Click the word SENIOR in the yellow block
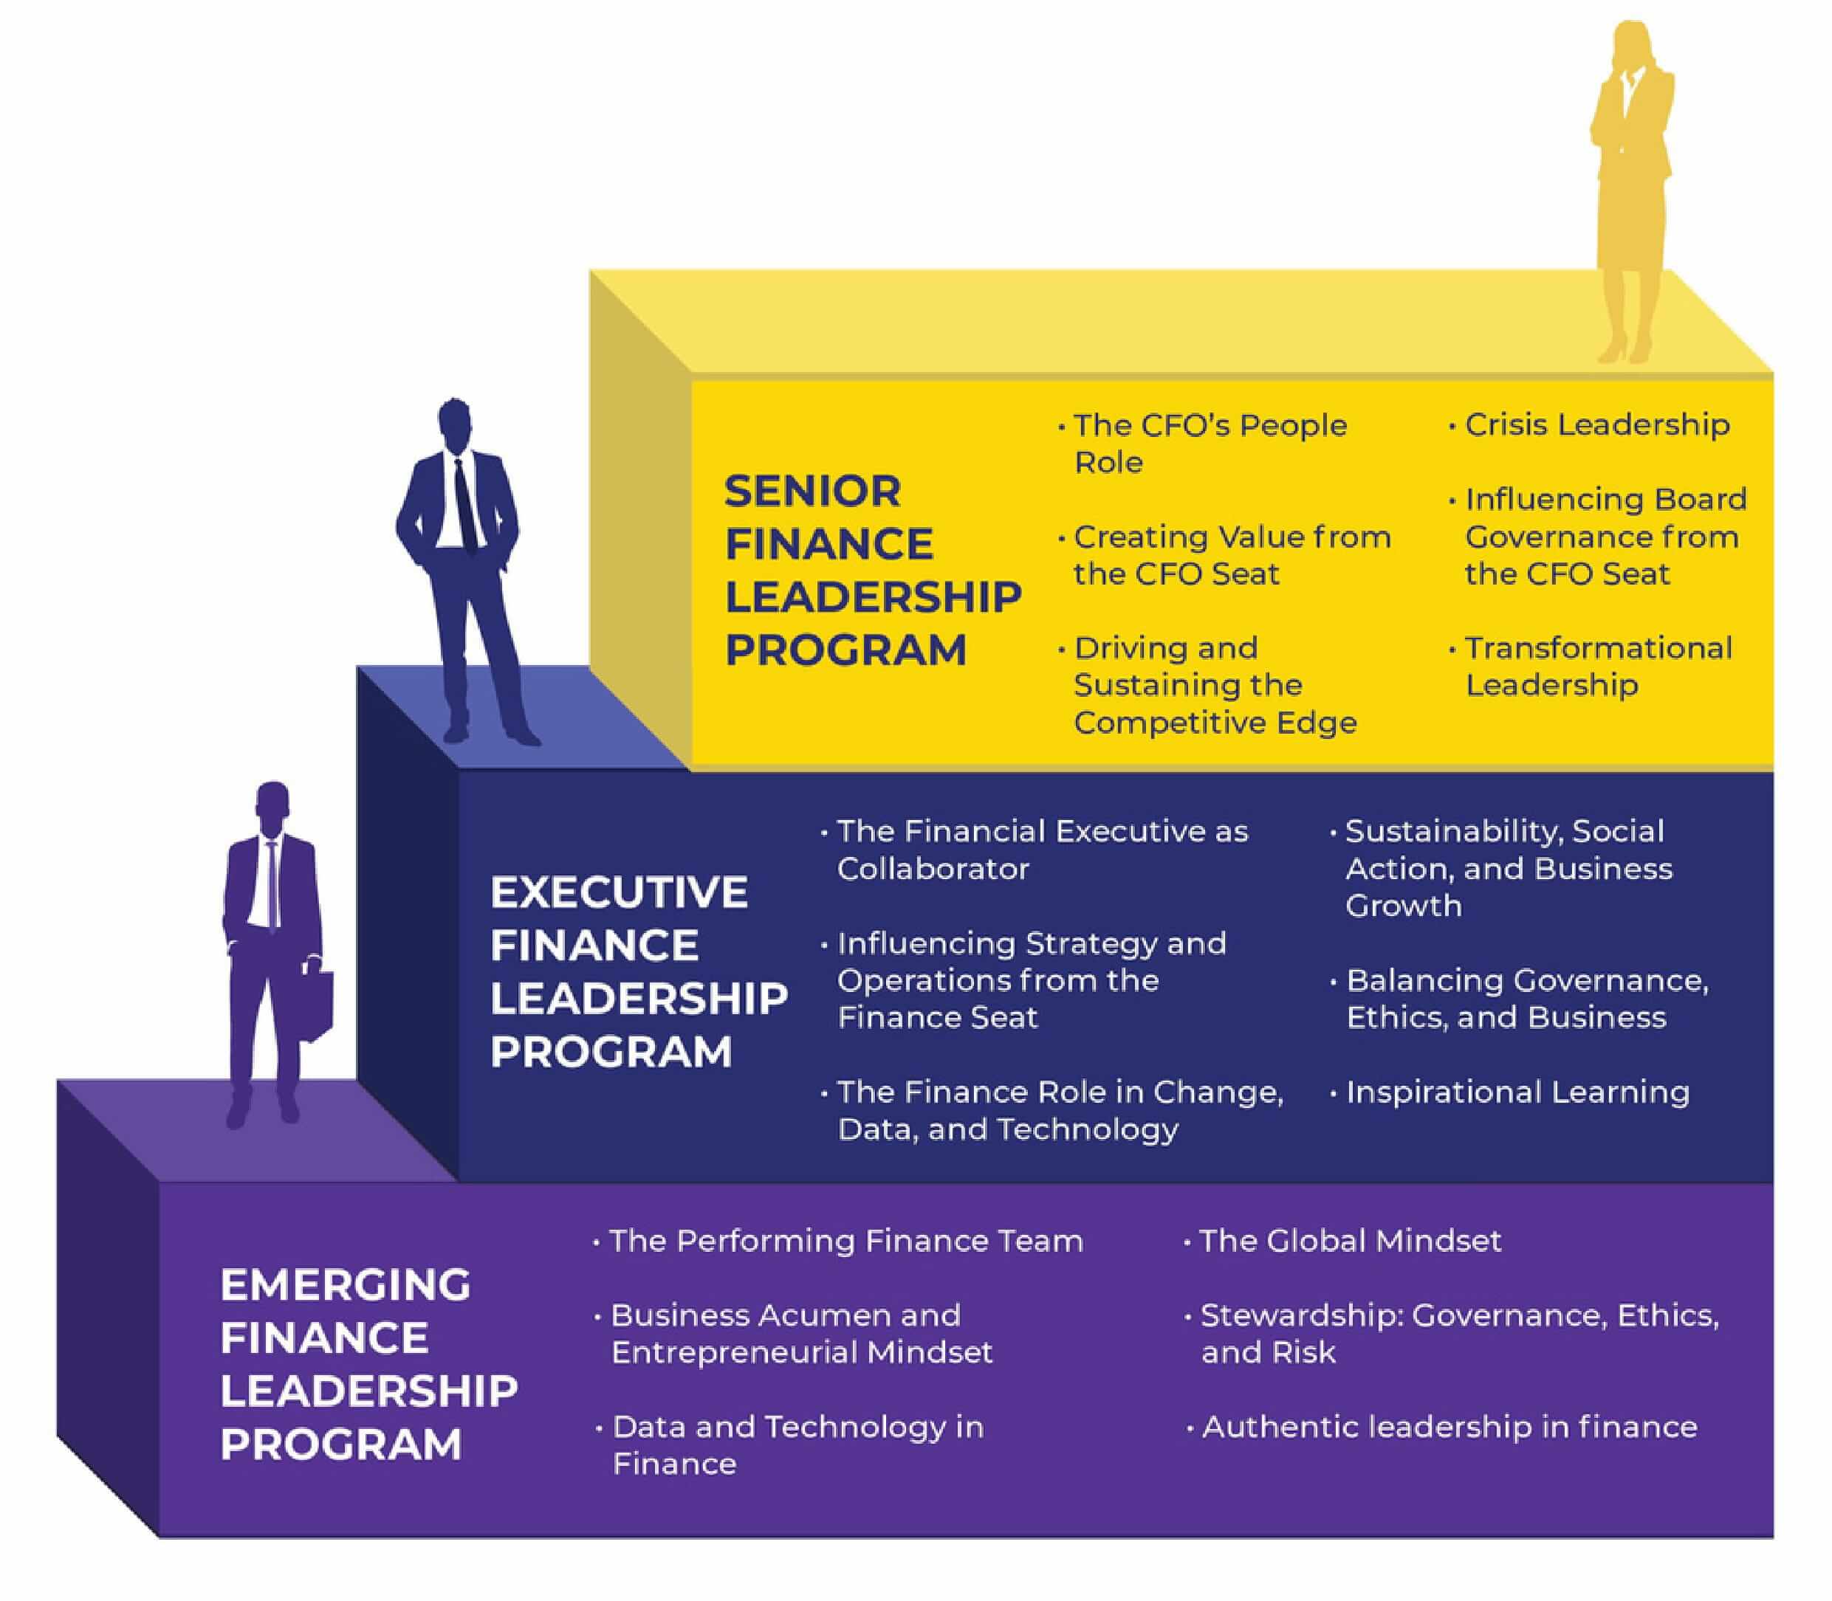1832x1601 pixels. (812, 492)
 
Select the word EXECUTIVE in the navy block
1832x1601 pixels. (618, 892)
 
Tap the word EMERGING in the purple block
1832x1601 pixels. (345, 1285)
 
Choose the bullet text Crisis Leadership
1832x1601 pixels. (1596, 424)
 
